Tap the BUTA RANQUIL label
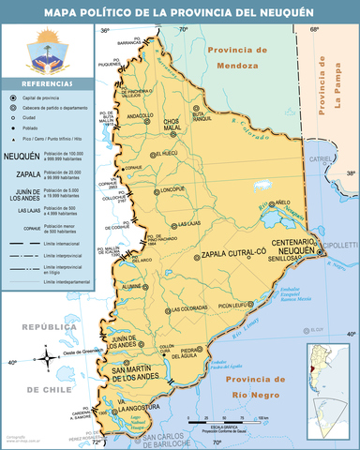coord(196,116)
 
